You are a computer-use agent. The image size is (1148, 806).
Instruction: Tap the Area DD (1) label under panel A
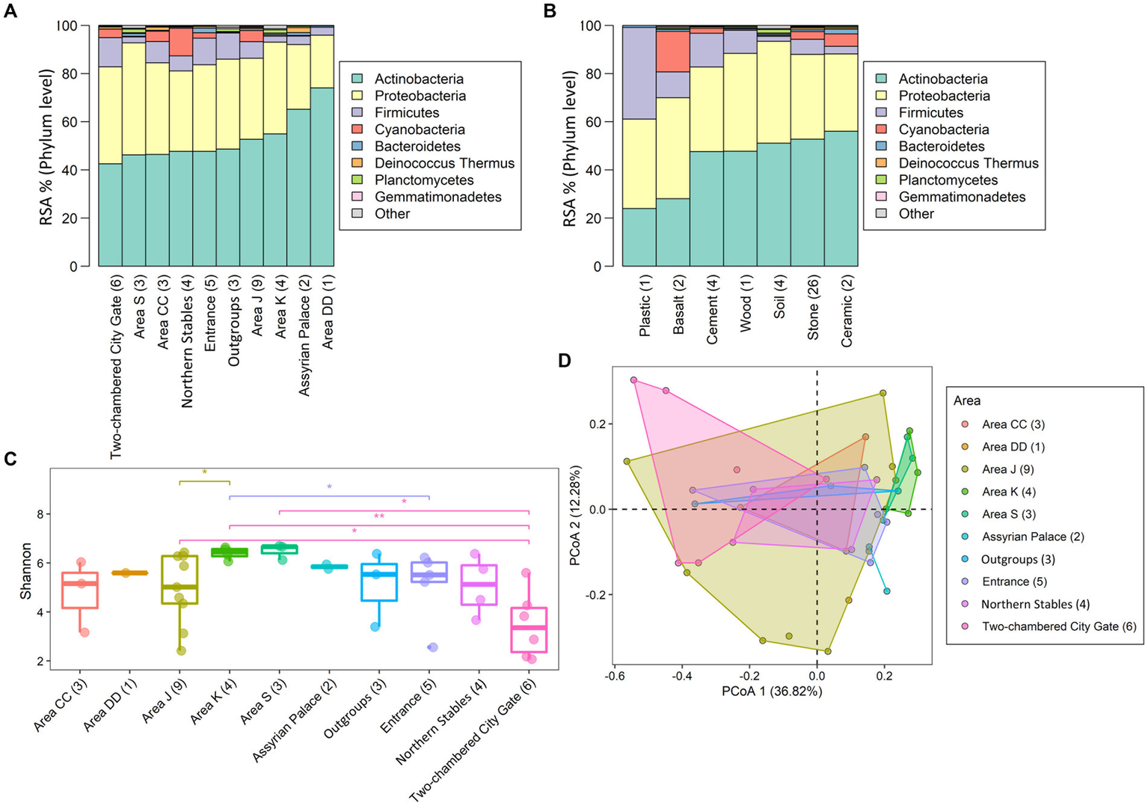coord(328,312)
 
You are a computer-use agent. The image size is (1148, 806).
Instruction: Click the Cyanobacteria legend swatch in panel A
coord(358,129)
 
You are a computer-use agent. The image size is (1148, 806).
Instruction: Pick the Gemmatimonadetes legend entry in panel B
coord(962,197)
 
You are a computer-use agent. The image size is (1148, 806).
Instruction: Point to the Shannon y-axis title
coord(26,571)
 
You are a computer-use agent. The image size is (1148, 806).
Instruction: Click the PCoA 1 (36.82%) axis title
coord(771,691)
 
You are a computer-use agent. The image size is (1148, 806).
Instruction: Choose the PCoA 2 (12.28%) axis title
coord(575,516)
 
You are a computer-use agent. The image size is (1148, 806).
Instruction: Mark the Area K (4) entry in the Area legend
coord(1009,492)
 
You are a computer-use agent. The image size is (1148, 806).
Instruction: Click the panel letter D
coord(564,361)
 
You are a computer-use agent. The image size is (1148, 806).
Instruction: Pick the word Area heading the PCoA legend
coord(966,400)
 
